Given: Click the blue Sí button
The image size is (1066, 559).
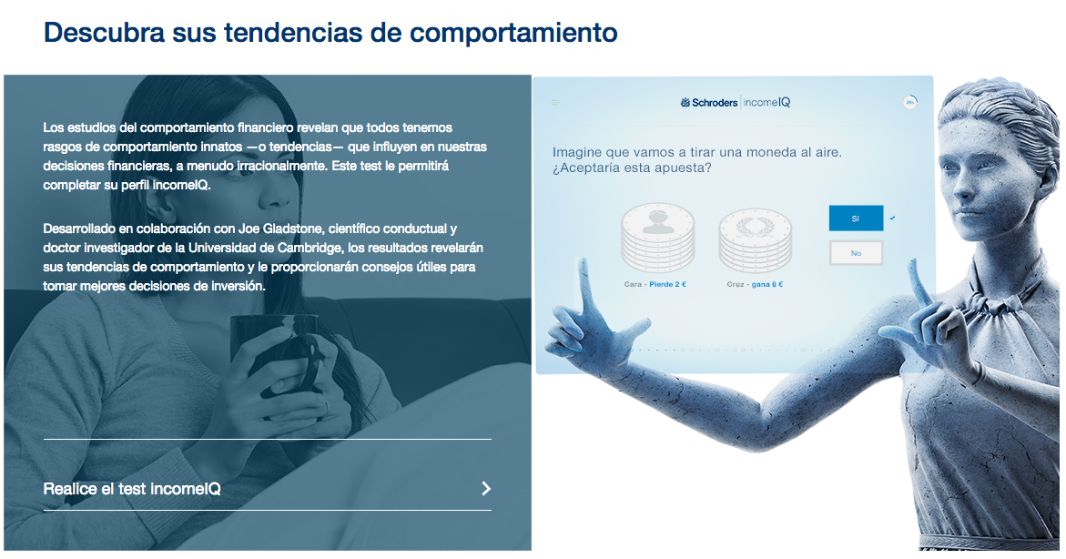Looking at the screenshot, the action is pos(856,219).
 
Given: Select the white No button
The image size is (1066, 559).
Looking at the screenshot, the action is pos(856,253).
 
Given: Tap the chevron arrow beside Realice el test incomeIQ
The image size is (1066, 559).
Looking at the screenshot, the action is pos(486,488).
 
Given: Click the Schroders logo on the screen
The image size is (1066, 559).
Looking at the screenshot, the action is pos(708,103).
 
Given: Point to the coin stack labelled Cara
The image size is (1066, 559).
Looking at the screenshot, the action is pos(658,238).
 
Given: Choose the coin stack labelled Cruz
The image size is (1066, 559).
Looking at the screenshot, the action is pos(756,239).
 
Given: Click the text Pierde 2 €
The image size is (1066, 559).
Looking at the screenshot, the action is pos(667,284).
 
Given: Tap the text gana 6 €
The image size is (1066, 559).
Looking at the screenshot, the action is pos(767,284).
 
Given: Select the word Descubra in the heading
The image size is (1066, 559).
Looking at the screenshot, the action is pos(104,32).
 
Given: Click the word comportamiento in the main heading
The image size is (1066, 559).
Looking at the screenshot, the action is pos(513,33).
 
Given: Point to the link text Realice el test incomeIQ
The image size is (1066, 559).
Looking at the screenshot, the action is pos(132,489).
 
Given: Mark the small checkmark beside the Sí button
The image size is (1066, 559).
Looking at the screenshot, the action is pos(893,219).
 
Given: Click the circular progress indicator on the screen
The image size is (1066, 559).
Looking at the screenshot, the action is pos(910,102).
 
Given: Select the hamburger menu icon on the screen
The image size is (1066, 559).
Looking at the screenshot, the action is pos(555,103).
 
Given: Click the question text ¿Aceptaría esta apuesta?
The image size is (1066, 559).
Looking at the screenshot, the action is pos(632,168).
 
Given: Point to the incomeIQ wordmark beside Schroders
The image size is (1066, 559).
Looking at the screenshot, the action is pos(767,103).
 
